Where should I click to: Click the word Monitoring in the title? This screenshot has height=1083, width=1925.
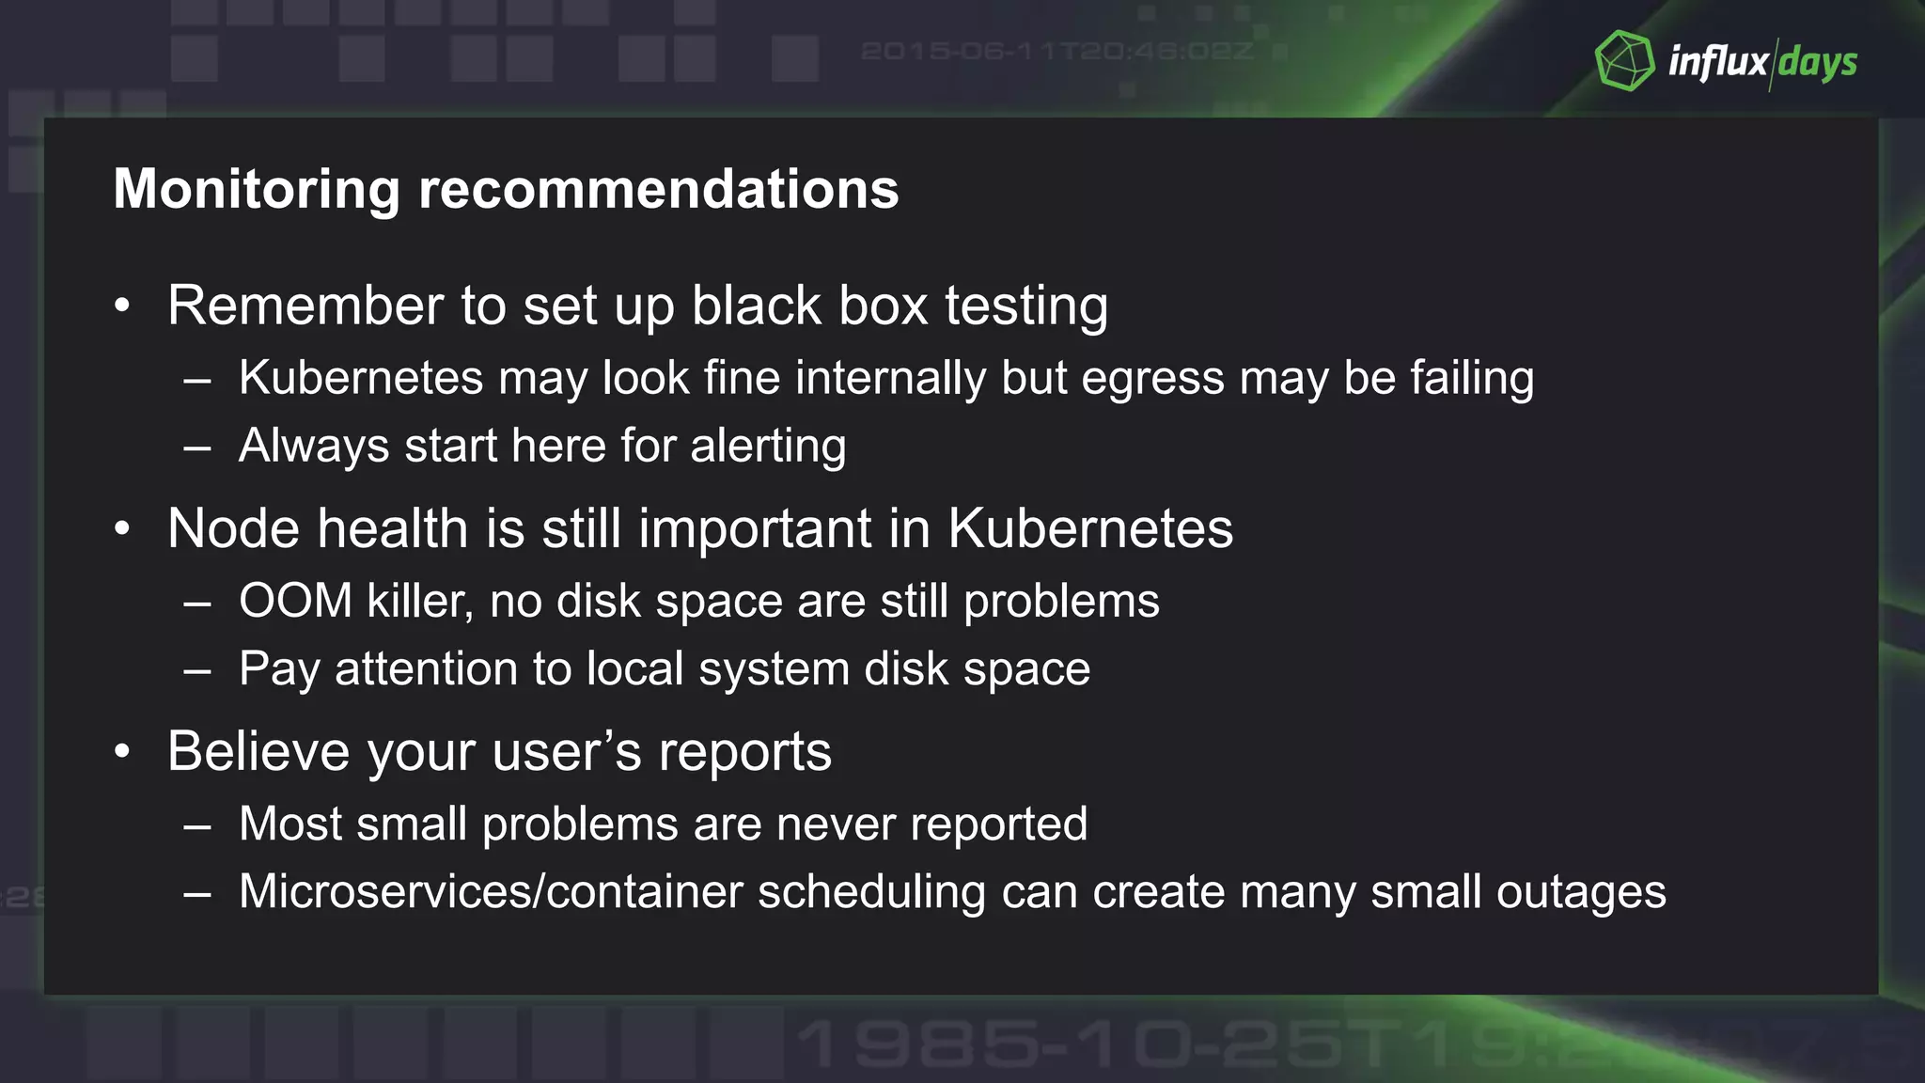tap(257, 189)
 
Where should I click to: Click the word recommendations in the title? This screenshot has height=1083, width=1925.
tap(658, 189)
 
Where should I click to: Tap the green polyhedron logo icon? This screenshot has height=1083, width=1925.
tap(1624, 61)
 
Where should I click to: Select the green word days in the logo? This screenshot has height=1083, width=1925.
tap(1817, 63)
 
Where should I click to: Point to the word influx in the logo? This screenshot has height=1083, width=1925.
tap(1717, 62)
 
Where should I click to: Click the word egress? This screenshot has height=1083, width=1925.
tap(1152, 379)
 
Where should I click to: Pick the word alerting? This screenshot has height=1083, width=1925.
tap(768, 446)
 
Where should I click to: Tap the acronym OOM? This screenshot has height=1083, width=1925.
tap(295, 601)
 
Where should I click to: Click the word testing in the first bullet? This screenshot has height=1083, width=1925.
tap(1026, 306)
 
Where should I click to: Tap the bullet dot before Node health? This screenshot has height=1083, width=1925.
tap(122, 528)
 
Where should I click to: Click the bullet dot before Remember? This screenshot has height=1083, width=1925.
tap(122, 306)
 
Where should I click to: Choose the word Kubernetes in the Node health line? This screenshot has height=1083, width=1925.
tap(1090, 528)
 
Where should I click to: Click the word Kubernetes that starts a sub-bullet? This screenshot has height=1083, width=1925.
tap(361, 379)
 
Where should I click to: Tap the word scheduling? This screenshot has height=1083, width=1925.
tap(871, 891)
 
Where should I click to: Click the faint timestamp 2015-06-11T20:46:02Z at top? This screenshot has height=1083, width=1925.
tap(1056, 51)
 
